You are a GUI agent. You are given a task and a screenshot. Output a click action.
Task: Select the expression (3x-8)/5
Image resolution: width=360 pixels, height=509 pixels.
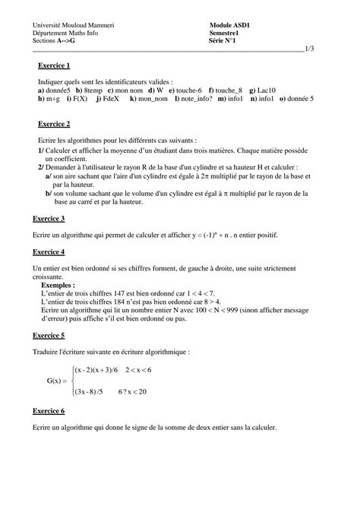point(93,392)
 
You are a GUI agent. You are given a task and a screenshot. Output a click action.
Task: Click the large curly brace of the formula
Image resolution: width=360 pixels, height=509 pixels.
point(69,380)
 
